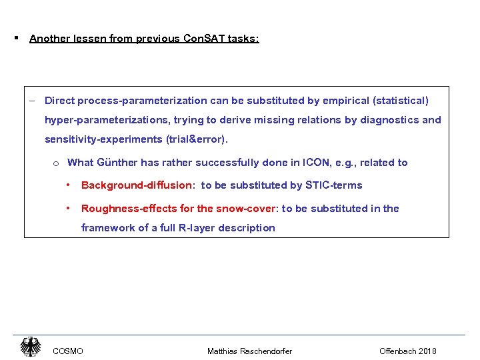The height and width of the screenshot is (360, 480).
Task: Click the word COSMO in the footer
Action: [x=68, y=351]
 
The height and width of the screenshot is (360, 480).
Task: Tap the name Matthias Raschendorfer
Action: [x=249, y=351]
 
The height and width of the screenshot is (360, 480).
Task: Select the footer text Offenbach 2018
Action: [x=408, y=351]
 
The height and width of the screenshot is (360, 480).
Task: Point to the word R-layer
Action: [x=182, y=228]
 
